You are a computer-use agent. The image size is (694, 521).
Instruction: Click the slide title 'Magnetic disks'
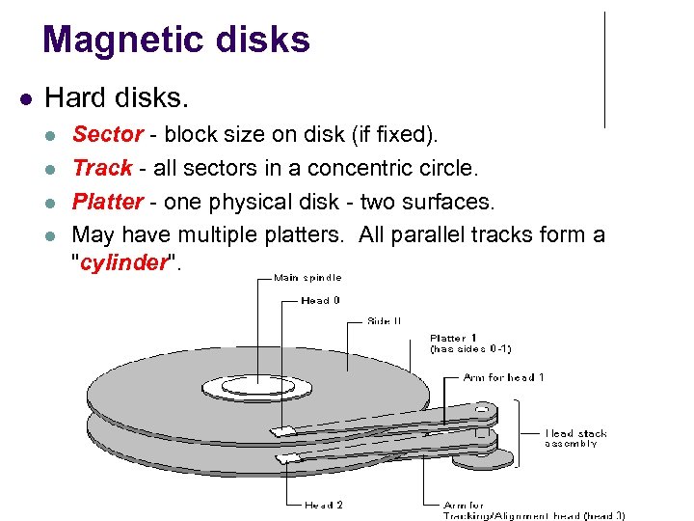(176, 40)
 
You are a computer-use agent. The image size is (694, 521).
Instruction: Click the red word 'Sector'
(108, 133)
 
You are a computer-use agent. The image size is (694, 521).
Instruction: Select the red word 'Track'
(102, 168)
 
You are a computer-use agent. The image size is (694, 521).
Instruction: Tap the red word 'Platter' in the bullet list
(107, 202)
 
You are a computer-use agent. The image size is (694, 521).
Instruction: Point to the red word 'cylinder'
(124, 263)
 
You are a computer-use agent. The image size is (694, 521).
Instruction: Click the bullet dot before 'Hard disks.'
(26, 98)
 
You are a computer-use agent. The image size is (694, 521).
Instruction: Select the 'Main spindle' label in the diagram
(307, 278)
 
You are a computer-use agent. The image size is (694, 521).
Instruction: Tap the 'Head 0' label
(321, 300)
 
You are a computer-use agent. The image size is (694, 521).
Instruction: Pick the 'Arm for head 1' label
(504, 377)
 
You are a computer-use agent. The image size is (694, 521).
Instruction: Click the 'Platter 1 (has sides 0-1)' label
(469, 343)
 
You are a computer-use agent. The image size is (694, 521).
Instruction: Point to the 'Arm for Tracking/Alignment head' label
(533, 509)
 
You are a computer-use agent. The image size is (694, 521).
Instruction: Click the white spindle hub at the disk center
(257, 388)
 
